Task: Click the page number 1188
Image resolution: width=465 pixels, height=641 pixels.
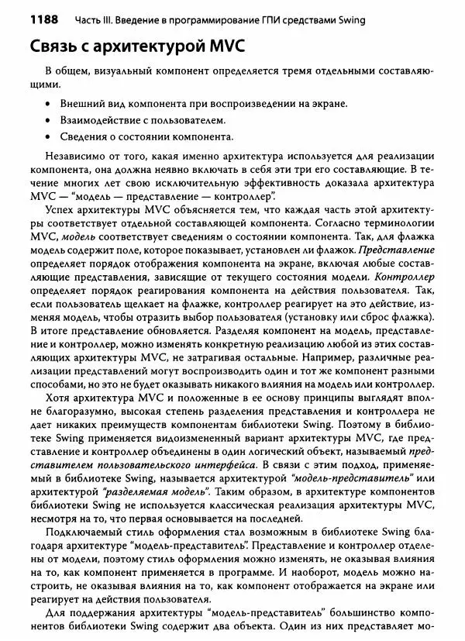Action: pyautogui.click(x=26, y=18)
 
